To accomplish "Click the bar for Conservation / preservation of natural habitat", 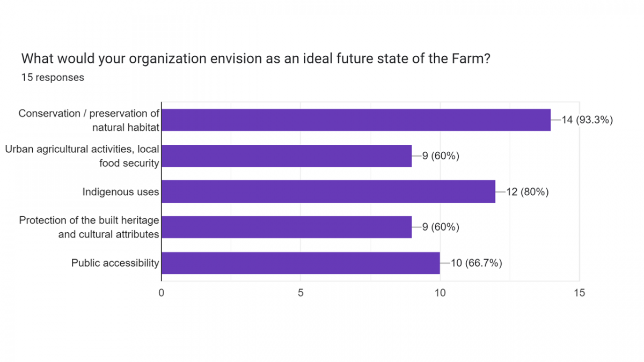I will tap(356, 120).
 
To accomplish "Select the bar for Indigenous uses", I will tap(328, 191).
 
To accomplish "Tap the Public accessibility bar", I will tap(301, 263).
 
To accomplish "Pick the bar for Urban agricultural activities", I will tap(287, 156).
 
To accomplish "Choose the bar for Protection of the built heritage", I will tap(287, 227).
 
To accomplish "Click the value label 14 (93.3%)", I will tap(587, 120).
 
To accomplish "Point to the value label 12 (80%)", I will tap(527, 191).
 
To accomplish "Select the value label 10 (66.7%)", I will tap(477, 263).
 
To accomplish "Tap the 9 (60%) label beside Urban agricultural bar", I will tap(440, 156).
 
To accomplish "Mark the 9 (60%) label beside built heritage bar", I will tap(440, 227).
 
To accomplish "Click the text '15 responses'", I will tap(53, 77).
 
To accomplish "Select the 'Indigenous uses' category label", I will tap(121, 191).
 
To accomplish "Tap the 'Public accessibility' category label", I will tap(115, 263).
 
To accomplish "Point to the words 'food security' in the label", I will tap(129, 163).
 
